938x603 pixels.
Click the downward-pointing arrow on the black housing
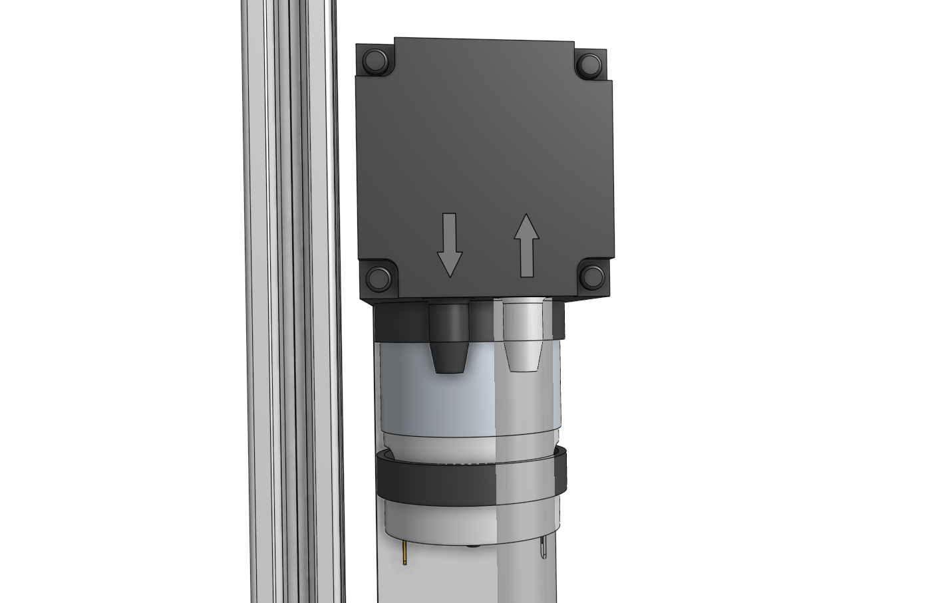pos(450,245)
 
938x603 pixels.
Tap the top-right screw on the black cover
pos(589,64)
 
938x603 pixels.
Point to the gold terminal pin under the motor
pos(404,554)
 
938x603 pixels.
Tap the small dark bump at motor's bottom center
pos(473,546)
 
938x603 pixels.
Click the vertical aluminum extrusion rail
pos(293,299)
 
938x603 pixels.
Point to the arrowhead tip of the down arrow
pos(450,275)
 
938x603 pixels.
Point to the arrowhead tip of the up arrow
pos(526,215)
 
